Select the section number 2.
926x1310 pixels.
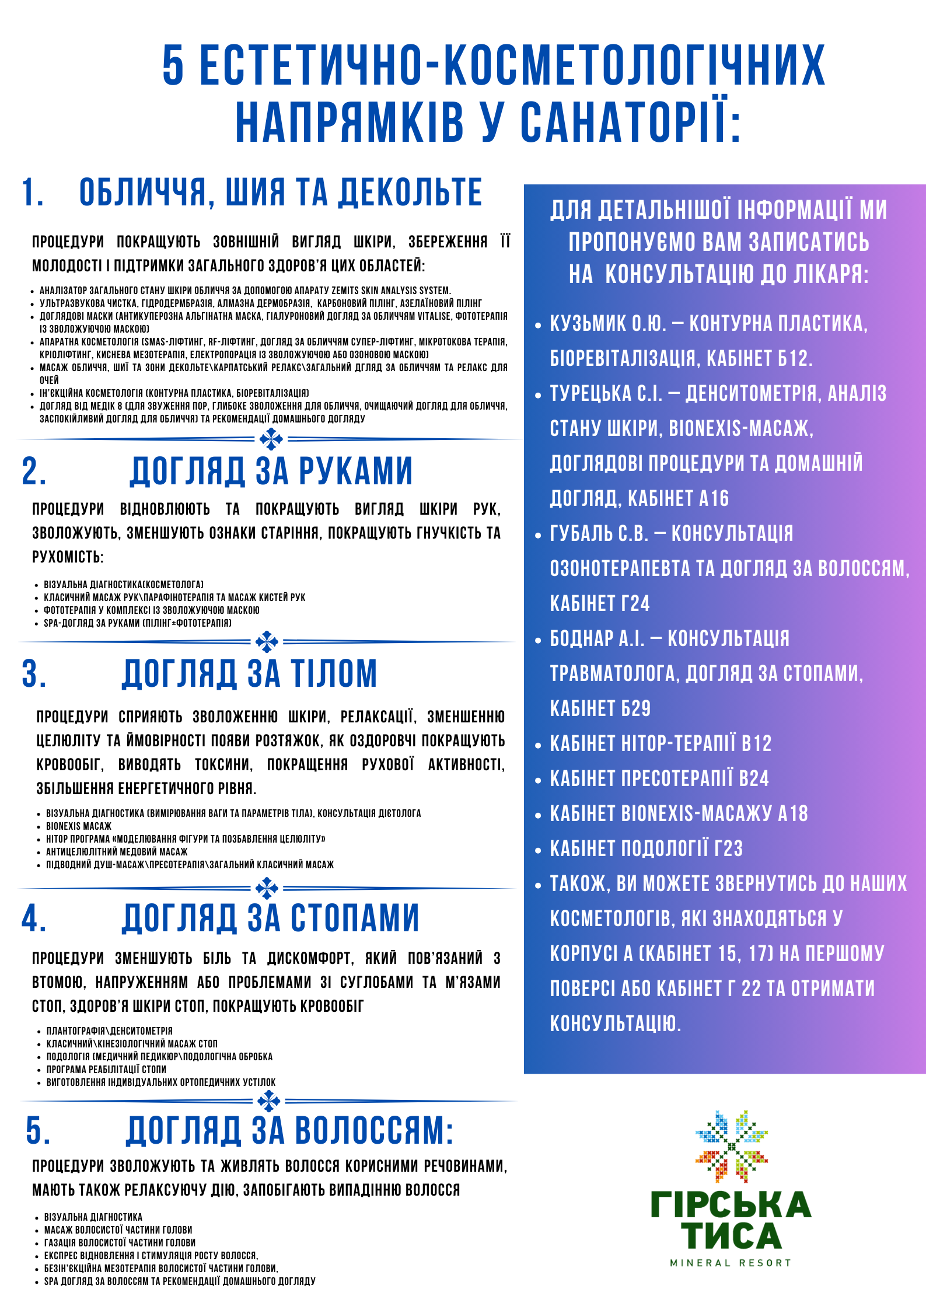click(x=33, y=471)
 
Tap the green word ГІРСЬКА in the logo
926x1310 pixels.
click(x=731, y=1204)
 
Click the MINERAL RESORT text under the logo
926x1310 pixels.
click(x=731, y=1263)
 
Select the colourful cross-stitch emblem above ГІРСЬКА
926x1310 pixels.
click(x=731, y=1147)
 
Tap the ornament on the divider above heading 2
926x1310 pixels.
click(x=271, y=439)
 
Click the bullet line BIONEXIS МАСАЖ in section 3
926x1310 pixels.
click(x=79, y=826)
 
